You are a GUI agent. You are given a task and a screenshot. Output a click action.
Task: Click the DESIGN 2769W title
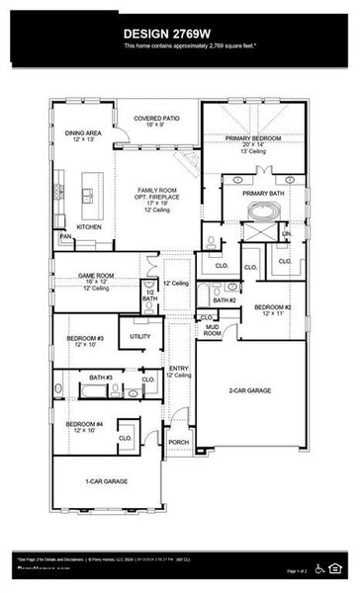[x=179, y=31]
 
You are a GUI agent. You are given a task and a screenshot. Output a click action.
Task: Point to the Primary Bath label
[x=262, y=194]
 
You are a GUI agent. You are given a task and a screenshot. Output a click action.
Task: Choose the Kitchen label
[x=90, y=226]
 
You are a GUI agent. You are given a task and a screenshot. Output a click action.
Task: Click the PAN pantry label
[x=65, y=237]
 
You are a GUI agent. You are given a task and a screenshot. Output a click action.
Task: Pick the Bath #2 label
[x=224, y=300]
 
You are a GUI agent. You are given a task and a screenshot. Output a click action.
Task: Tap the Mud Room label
[x=212, y=330]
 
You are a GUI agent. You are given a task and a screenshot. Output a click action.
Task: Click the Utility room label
[x=140, y=337]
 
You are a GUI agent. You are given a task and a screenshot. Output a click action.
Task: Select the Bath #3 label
[x=100, y=379]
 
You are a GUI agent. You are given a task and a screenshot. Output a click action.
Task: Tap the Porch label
[x=178, y=442]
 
